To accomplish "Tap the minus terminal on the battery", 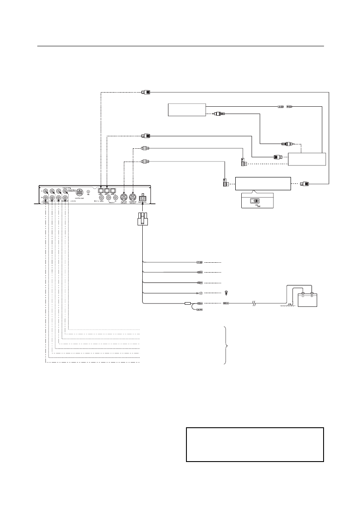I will tap(303, 295).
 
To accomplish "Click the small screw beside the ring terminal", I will tap(226, 293).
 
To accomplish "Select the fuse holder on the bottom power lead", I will tap(188, 303).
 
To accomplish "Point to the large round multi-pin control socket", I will tap(79, 192).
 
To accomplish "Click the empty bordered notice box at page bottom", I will tap(255, 444).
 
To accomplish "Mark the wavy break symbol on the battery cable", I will tap(255, 303).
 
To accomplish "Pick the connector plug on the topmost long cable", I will tap(145, 92).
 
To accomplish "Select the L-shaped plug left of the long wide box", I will tap(224, 184).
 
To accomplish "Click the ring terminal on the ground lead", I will tap(200, 293).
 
